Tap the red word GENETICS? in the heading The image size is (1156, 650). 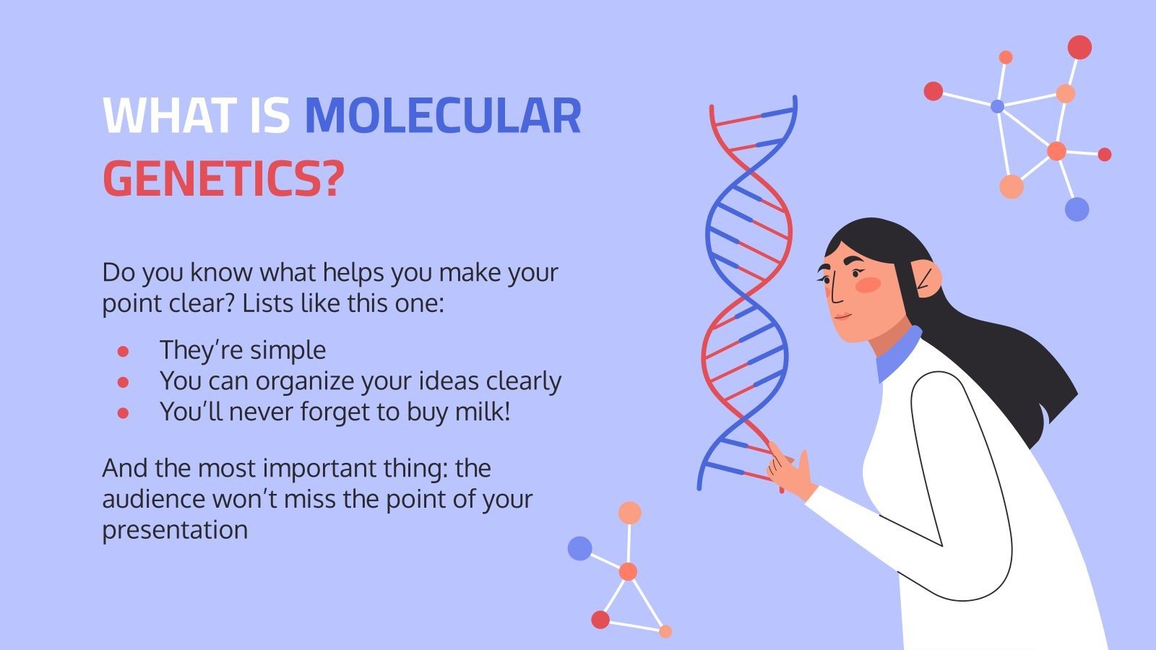tap(223, 178)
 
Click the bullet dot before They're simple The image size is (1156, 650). tap(123, 351)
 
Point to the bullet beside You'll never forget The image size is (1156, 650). tap(123, 413)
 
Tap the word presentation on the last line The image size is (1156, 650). tap(175, 531)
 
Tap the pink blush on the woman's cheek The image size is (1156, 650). tap(868, 285)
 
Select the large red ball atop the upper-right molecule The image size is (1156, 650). tap(1079, 48)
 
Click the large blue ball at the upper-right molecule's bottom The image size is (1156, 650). tap(1077, 209)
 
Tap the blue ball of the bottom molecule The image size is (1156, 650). tap(580, 548)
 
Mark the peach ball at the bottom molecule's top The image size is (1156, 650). tap(629, 513)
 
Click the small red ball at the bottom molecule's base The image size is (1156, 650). tap(600, 619)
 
